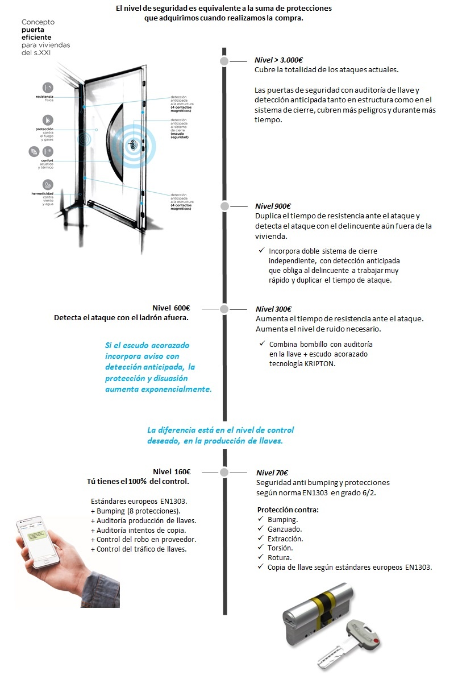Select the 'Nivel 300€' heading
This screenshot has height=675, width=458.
273,309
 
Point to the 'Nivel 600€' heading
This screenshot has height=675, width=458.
171,308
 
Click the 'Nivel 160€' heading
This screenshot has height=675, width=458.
171,471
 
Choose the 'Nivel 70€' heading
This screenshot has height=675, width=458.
272,473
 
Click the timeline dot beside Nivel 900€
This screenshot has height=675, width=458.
224,206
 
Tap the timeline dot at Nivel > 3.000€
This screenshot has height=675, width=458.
224,61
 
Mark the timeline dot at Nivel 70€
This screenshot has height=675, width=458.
224,472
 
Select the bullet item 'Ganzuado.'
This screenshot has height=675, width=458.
285,529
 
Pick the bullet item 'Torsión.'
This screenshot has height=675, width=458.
280,548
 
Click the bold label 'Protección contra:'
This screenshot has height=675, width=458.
288,510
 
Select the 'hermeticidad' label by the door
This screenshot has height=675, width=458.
43,193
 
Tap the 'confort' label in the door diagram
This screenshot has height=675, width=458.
46,161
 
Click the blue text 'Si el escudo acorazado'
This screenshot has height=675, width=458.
147,346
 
